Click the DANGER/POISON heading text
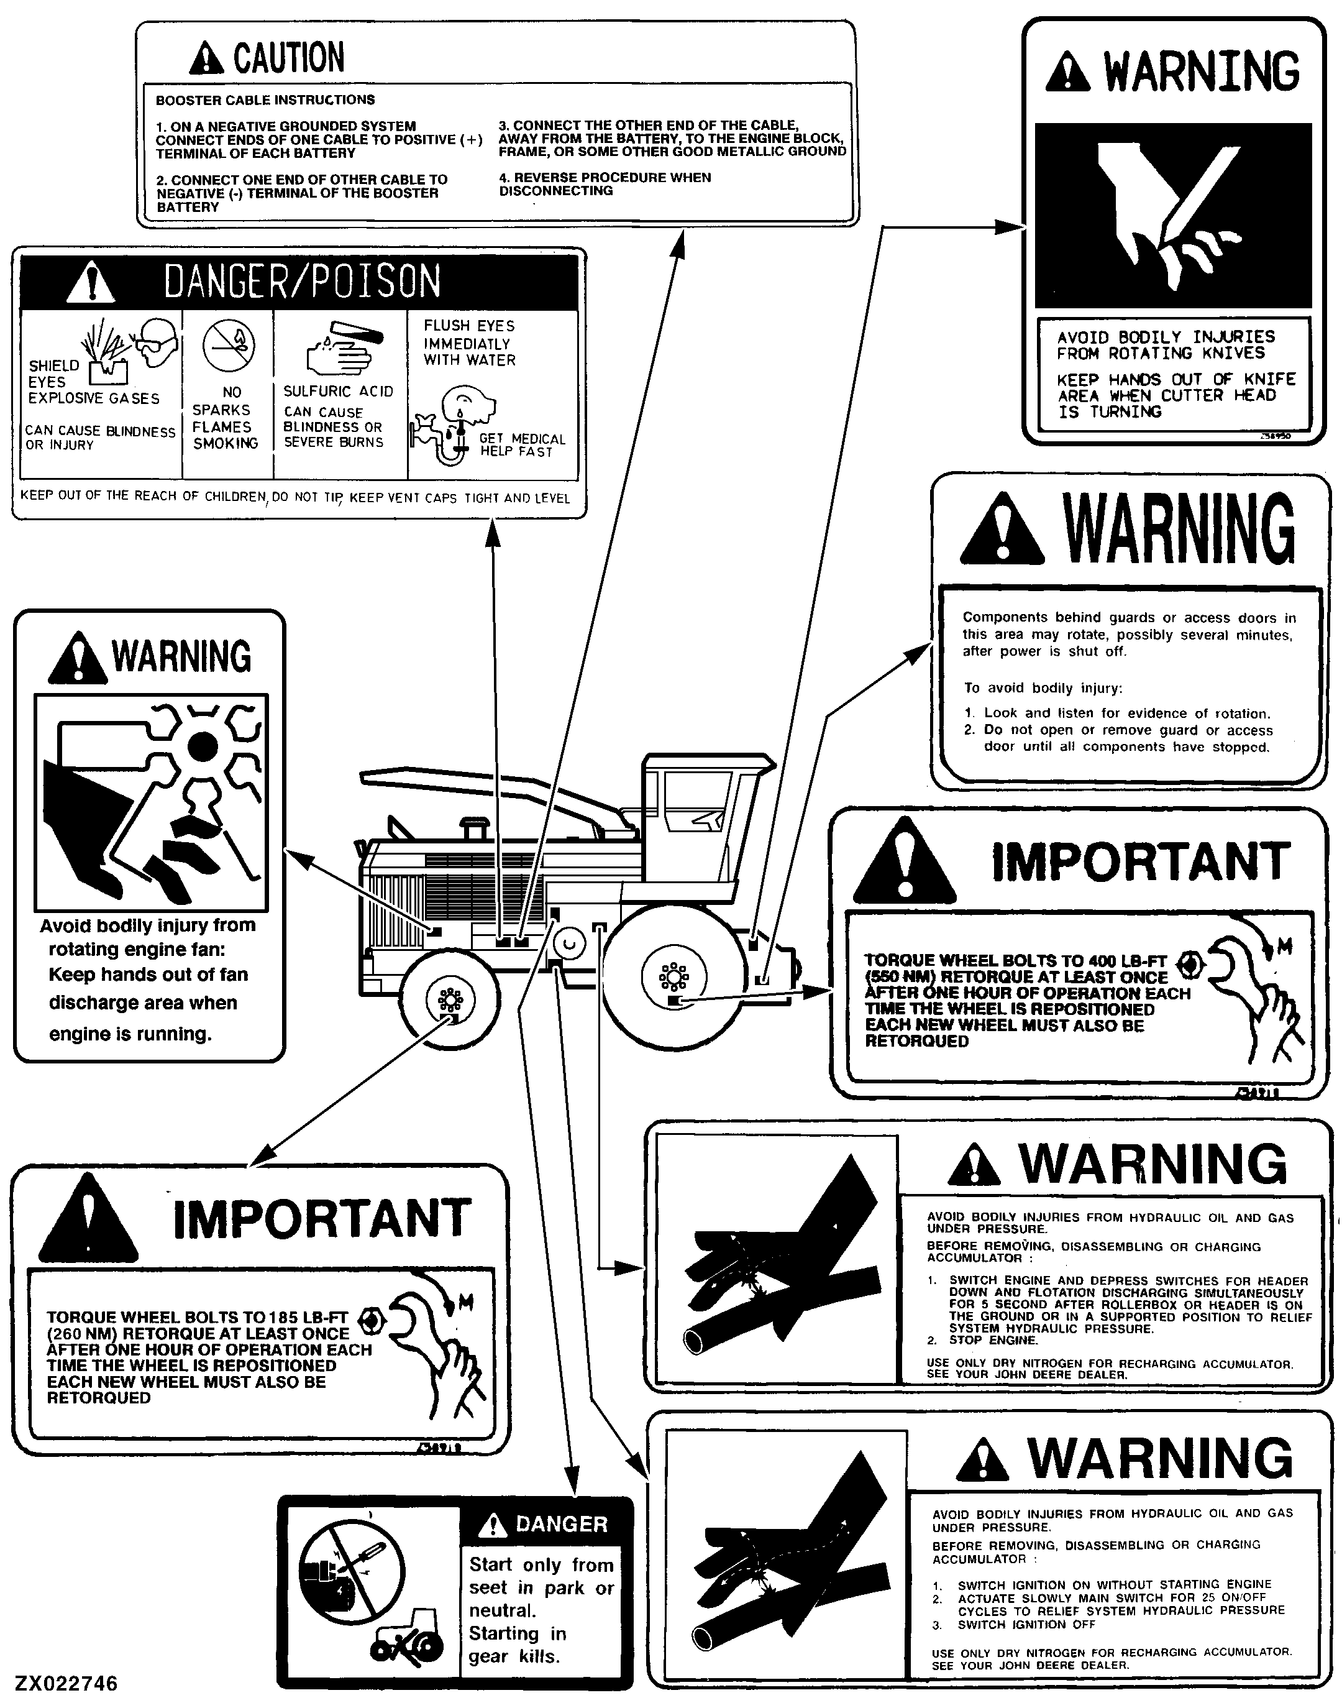tap(303, 282)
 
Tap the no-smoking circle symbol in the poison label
tap(228, 346)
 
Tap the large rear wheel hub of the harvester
tap(674, 977)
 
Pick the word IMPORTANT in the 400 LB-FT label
tap(1141, 861)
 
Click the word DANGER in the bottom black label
tap(562, 1525)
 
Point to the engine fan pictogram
tap(152, 802)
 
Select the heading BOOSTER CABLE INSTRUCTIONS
tap(265, 100)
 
